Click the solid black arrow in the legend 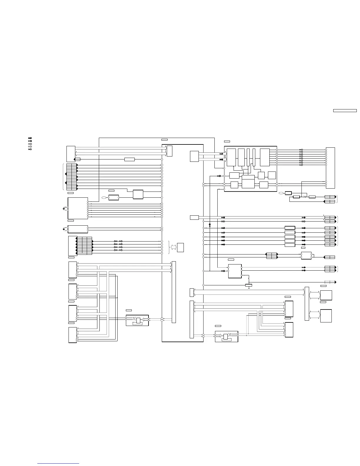pyautogui.click(x=30, y=138)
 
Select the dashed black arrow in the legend pyautogui.click(x=30, y=141)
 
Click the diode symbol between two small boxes pyautogui.click(x=304, y=197)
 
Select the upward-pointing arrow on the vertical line pyautogui.click(x=210, y=225)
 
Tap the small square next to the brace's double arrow pyautogui.click(x=181, y=247)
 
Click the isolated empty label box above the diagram pyautogui.click(x=345, y=111)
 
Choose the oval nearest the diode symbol pyautogui.click(x=281, y=193)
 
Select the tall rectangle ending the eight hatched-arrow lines pyautogui.click(x=330, y=168)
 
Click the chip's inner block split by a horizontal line pyautogui.click(x=248, y=182)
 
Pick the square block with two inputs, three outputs pyautogui.click(x=235, y=271)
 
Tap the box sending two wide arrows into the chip pyautogui.click(x=194, y=156)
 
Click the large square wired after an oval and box pyautogui.click(x=138, y=194)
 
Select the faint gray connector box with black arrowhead pyautogui.click(x=330, y=282)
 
